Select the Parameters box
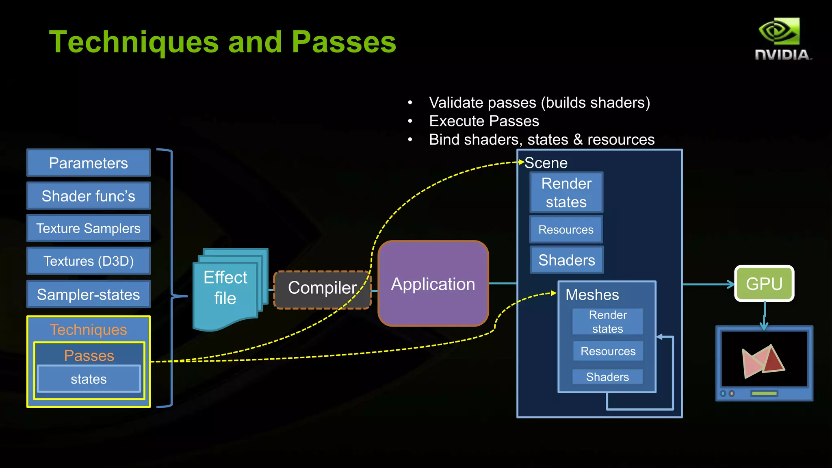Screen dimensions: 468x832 click(89, 163)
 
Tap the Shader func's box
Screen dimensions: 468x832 click(89, 196)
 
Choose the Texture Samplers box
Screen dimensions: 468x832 click(89, 228)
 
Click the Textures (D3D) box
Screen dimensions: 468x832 click(89, 261)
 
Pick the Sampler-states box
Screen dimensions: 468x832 click(89, 294)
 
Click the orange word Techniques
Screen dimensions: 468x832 click(89, 329)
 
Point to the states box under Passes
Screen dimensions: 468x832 click(89, 379)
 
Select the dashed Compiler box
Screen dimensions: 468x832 click(322, 289)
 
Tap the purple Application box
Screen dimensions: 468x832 click(433, 284)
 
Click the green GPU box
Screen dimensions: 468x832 click(764, 284)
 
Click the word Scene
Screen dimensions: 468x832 click(546, 163)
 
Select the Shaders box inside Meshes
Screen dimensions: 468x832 click(607, 377)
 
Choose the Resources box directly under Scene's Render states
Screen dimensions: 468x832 click(566, 230)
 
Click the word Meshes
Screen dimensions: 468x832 click(592, 295)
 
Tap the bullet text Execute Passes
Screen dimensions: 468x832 click(484, 121)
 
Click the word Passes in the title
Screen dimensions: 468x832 click(344, 42)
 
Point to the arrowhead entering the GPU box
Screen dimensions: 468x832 click(731, 284)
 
